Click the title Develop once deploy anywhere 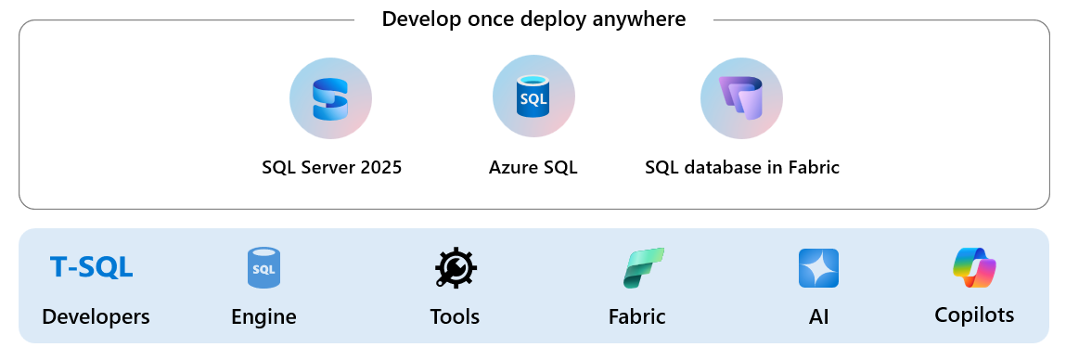(533, 19)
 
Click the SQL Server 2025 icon (331, 97)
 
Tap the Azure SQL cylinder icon (533, 96)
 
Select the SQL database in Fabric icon (741, 97)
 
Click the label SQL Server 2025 (331, 168)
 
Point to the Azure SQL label (533, 168)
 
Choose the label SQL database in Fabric (742, 168)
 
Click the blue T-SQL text (92, 268)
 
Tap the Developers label (96, 316)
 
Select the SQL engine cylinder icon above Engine (263, 268)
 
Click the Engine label (263, 316)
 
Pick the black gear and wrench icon (455, 268)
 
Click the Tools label (455, 316)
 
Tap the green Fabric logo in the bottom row (642, 268)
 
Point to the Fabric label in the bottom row (637, 316)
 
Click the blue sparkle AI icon (818, 268)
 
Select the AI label (817, 316)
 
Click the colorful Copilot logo (974, 268)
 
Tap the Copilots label (974, 315)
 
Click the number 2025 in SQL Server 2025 (379, 168)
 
